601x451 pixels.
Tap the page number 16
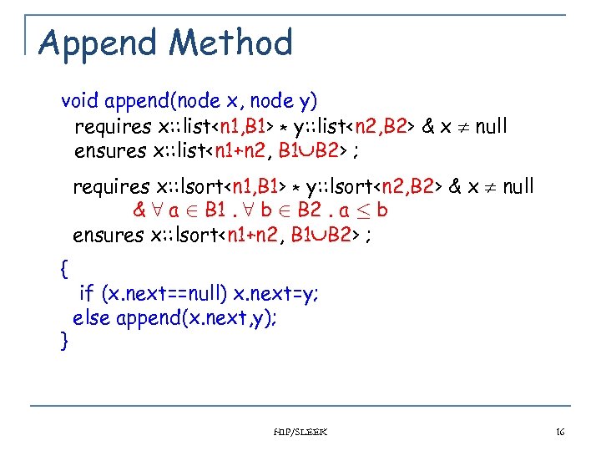pos(560,432)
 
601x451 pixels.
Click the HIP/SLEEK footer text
pos(301,432)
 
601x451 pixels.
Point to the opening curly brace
pos(65,269)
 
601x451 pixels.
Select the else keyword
pos(93,317)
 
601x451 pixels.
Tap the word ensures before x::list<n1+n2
pos(109,151)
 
